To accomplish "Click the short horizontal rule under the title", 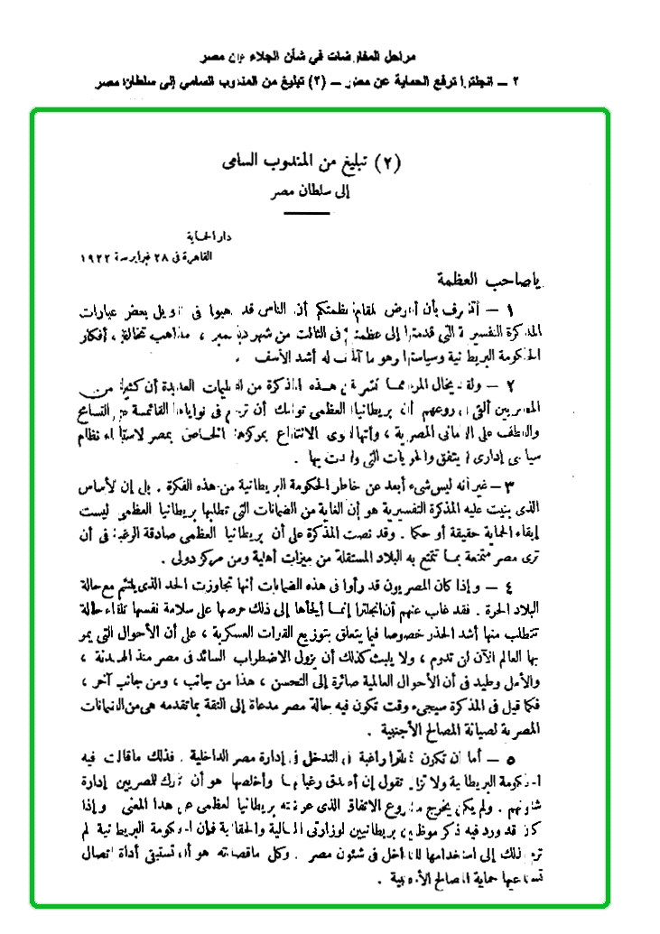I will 306,214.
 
